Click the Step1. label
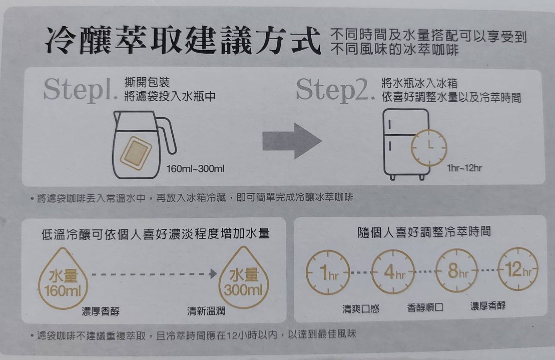point(81,90)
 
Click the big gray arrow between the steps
point(292,141)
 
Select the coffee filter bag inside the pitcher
point(136,153)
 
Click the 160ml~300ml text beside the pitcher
point(195,169)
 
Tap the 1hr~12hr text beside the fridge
point(464,168)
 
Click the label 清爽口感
point(361,309)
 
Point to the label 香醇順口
point(425,307)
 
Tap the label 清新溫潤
point(206,311)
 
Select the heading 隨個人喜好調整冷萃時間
point(424,232)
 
